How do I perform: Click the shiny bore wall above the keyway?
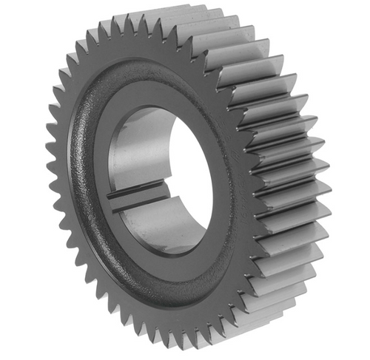point(137,152)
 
